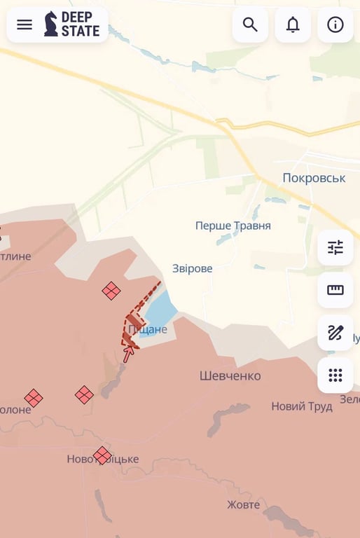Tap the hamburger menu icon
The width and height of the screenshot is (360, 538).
click(x=25, y=25)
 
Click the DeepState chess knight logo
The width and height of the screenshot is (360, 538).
click(x=51, y=24)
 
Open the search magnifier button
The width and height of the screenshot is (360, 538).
click(x=250, y=25)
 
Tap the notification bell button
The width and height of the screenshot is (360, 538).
click(x=293, y=25)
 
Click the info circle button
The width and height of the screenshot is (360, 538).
click(x=335, y=25)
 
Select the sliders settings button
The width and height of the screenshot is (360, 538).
click(x=335, y=247)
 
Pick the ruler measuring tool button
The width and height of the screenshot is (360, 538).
click(x=335, y=290)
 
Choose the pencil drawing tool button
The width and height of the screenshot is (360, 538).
click(x=335, y=333)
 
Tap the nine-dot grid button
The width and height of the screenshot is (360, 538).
click(x=335, y=375)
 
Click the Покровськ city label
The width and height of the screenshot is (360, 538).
click(x=314, y=178)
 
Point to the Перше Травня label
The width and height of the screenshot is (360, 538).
click(x=233, y=226)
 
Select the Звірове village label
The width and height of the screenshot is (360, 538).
click(x=193, y=268)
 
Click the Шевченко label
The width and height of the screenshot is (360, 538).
click(x=230, y=376)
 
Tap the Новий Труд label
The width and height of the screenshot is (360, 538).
click(x=302, y=406)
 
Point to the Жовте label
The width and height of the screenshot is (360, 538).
click(x=243, y=504)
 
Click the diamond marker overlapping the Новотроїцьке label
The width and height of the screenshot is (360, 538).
click(x=102, y=455)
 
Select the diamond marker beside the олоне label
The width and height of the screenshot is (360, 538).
click(x=33, y=398)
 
